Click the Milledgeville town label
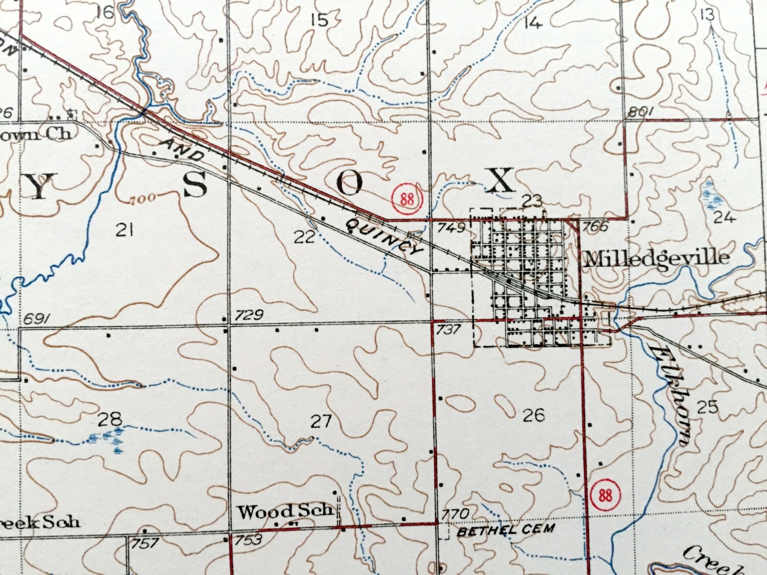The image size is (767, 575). click(657, 258)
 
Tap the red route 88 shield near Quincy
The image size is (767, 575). click(407, 198)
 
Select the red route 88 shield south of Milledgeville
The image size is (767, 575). click(605, 495)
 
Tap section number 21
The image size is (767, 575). click(124, 230)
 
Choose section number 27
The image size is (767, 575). click(321, 421)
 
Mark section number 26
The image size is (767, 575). click(533, 415)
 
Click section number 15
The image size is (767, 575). click(319, 20)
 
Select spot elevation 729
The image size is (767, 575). click(249, 315)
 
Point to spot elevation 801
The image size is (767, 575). click(641, 112)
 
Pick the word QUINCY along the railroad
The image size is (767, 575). click(385, 237)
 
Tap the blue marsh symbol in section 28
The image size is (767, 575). click(108, 438)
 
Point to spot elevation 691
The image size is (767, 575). click(36, 320)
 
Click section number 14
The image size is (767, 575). click(533, 22)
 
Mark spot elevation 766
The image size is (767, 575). click(595, 226)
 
